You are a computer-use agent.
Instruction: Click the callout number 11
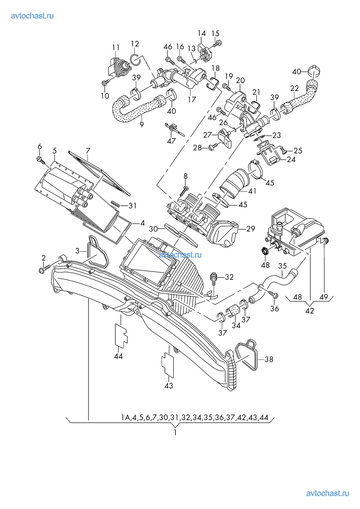click(x=116, y=48)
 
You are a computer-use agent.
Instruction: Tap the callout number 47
click(x=171, y=141)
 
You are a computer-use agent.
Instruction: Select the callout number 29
click(x=251, y=229)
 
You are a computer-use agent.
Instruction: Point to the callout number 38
click(x=269, y=360)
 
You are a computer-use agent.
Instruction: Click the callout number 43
click(x=169, y=386)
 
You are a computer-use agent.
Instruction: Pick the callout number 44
click(x=118, y=356)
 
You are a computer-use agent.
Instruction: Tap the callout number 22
click(x=294, y=89)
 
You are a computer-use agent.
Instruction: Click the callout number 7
click(x=88, y=151)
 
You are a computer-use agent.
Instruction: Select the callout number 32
click(x=229, y=277)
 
